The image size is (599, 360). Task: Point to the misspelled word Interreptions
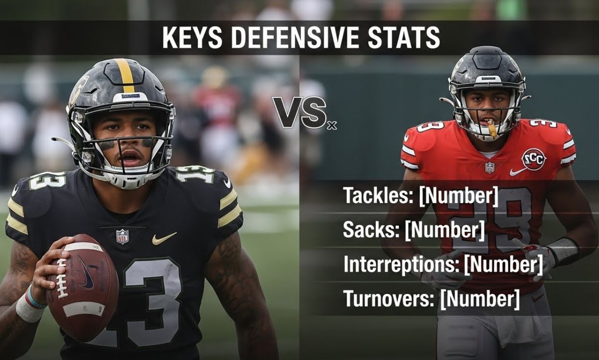point(401,264)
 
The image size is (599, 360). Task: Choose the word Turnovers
point(388,298)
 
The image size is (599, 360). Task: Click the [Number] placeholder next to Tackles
point(459,196)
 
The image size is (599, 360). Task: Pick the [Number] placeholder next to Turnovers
point(480,298)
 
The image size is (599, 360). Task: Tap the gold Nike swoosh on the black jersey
point(164,238)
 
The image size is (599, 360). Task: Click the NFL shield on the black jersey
point(122,236)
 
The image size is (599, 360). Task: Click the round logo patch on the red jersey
point(533,159)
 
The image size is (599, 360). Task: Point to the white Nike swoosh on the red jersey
point(518,171)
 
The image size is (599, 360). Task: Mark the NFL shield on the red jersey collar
point(489,167)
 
